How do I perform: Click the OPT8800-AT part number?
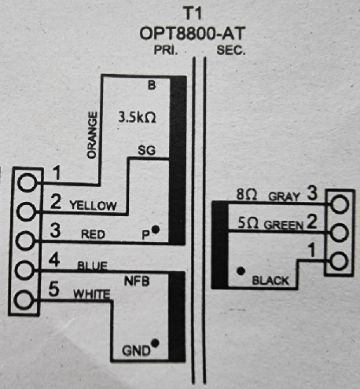tap(193, 34)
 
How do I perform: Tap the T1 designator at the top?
tap(193, 13)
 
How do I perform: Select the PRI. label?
tap(166, 50)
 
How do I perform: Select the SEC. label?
tap(231, 50)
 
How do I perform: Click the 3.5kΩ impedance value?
tap(137, 117)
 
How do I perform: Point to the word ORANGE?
tap(92, 135)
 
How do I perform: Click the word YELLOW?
tap(93, 206)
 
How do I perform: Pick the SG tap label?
tap(146, 150)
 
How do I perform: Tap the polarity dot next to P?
tap(156, 229)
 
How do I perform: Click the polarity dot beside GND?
tap(155, 343)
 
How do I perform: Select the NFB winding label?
tap(137, 281)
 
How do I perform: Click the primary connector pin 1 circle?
tap(28, 182)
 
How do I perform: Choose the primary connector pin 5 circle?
tap(24, 299)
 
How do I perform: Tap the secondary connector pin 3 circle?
tap(340, 204)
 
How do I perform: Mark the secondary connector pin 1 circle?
tap(339, 261)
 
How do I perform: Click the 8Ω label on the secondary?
tap(247, 195)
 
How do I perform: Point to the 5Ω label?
tap(248, 223)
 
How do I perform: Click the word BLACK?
tap(270, 281)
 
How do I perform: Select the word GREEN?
tap(283, 225)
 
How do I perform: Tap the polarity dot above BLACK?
tap(241, 271)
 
